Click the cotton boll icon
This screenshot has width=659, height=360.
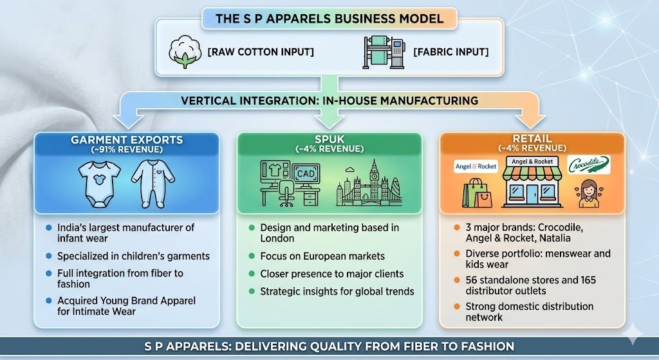(x=185, y=52)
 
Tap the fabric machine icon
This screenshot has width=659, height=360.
(x=384, y=52)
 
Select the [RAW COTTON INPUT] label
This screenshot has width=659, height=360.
(x=261, y=52)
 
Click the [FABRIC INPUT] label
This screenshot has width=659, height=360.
(x=451, y=52)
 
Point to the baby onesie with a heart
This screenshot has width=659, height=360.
(x=100, y=184)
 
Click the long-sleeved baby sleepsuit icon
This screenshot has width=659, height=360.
(x=153, y=184)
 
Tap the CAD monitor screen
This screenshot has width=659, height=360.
(x=306, y=173)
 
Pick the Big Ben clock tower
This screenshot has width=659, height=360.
(x=373, y=180)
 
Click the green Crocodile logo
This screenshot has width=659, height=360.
(x=589, y=165)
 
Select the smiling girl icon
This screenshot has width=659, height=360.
(x=588, y=193)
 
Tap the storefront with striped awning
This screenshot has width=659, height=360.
(x=532, y=182)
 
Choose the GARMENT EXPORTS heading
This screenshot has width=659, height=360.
(x=127, y=140)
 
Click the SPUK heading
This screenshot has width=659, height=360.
(x=329, y=139)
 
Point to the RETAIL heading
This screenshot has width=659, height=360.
(x=532, y=138)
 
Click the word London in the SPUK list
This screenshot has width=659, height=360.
(x=277, y=238)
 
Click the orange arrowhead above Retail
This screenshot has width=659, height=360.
(x=530, y=121)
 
